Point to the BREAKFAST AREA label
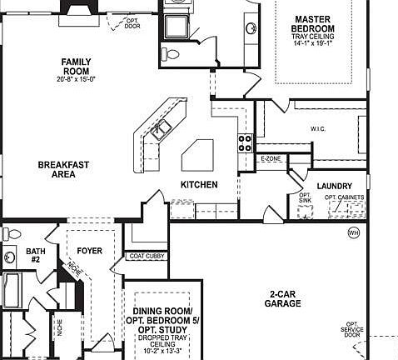tap(63, 170)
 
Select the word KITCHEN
tap(200, 185)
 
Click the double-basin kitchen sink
tap(164, 127)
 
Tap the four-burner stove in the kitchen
tap(246, 142)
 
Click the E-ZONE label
tap(271, 158)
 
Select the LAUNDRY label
tap(335, 186)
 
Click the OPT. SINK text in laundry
tap(305, 198)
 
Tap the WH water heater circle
tap(353, 232)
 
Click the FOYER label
tap(89, 250)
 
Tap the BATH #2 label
tap(36, 254)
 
